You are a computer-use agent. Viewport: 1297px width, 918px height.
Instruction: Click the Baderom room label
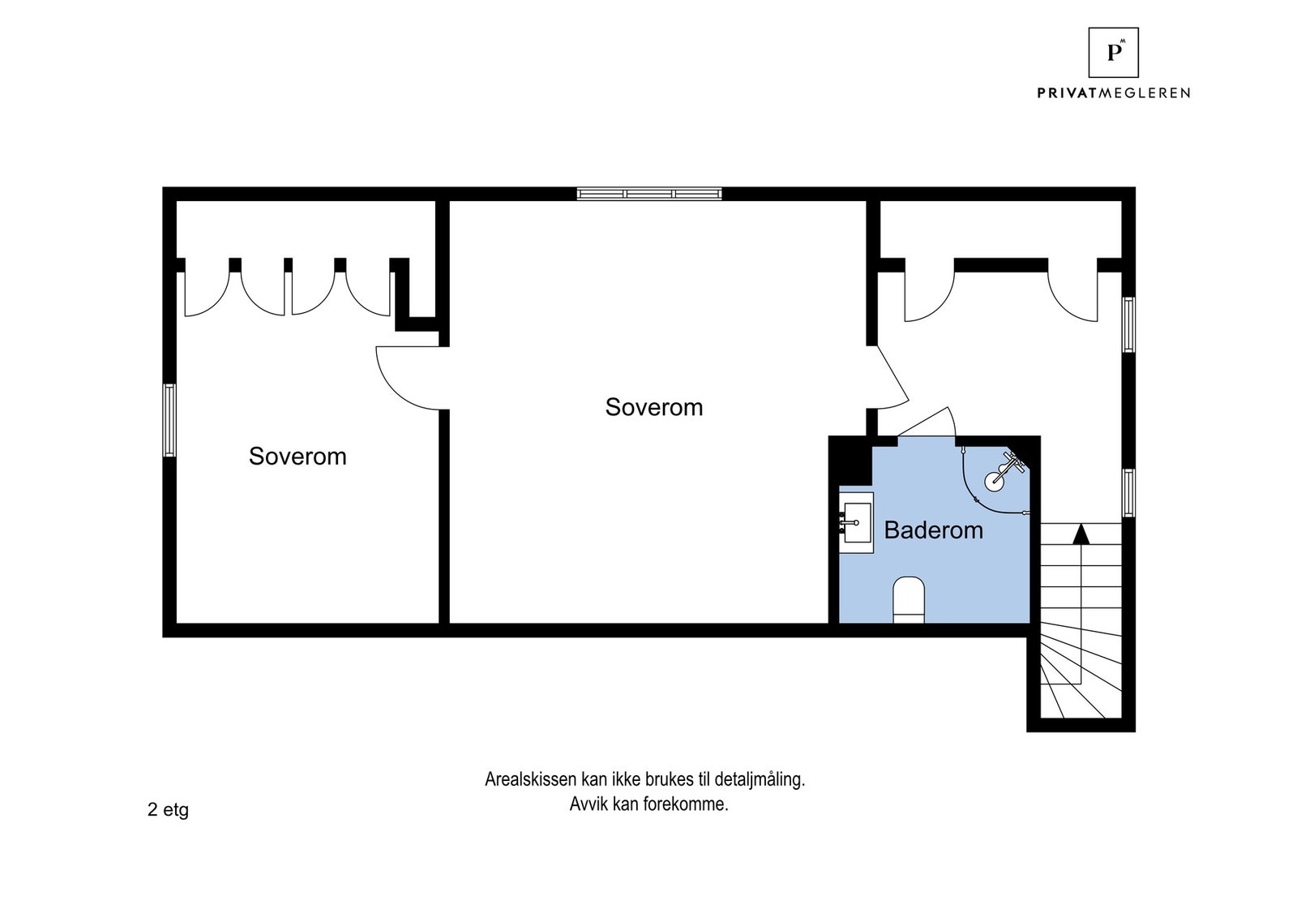tap(933, 530)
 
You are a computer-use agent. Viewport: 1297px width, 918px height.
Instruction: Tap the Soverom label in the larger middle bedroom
tap(654, 408)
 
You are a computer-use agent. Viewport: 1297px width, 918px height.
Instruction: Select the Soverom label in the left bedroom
tap(297, 457)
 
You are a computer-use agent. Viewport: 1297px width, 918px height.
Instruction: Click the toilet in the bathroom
tap(909, 599)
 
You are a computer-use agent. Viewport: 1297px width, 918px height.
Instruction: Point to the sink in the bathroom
tap(857, 522)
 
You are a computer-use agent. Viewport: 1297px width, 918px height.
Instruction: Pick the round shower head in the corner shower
tap(995, 479)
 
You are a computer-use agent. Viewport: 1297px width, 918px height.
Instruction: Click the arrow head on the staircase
tap(1081, 534)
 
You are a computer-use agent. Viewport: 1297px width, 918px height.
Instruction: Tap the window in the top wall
tap(649, 194)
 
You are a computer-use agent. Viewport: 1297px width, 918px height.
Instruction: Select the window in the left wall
tap(169, 420)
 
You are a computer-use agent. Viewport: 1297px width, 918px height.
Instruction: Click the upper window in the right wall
tap(1128, 324)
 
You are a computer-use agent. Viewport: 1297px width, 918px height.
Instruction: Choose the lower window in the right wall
tap(1128, 493)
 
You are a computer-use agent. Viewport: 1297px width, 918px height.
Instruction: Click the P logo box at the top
tap(1114, 53)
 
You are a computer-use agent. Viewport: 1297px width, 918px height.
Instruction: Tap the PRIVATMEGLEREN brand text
tap(1114, 92)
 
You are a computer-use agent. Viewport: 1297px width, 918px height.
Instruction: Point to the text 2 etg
tap(168, 809)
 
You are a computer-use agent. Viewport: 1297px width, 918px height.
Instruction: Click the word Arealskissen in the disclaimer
tap(531, 779)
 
